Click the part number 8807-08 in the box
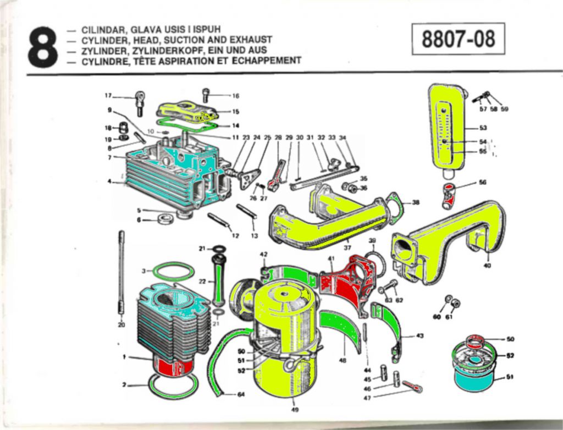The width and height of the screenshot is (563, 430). point(458,39)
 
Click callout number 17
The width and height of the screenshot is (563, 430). point(108,95)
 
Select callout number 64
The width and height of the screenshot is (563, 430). point(241,394)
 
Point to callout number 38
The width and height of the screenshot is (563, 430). point(416,202)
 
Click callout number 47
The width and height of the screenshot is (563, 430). point(367,396)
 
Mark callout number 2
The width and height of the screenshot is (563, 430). point(125,385)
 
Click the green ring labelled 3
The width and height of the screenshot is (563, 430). point(173,271)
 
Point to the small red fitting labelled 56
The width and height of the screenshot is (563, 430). point(449,196)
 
